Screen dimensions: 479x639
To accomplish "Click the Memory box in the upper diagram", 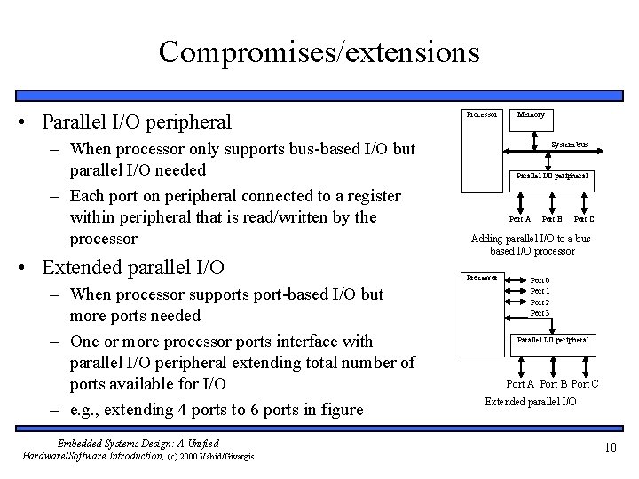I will pos(532,116).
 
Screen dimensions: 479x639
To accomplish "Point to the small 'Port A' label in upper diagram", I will pos(520,219).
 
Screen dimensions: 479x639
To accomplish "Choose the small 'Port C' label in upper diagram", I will pos(584,219).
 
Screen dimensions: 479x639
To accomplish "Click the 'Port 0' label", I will pos(540,280).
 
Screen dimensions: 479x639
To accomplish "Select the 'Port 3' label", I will pos(540,313).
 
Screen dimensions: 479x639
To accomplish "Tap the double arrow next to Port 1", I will pos(516,291).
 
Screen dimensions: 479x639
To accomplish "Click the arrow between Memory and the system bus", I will pos(533,134).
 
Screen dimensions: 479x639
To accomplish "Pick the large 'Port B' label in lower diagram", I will pos(551,383).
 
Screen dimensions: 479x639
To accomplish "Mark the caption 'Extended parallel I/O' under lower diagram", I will pos(530,402).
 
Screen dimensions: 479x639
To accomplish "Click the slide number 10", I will pos(610,446).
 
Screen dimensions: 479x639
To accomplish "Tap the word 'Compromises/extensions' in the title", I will pos(319,51).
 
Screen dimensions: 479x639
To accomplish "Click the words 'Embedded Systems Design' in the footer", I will pos(106,443).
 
